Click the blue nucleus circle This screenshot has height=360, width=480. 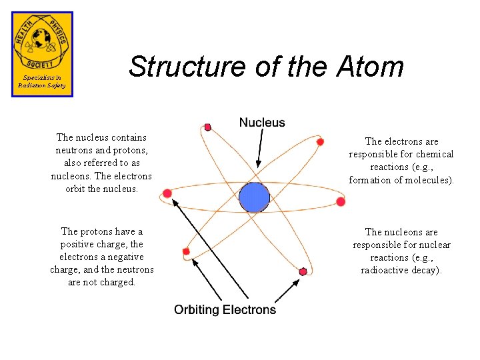coord(254,197)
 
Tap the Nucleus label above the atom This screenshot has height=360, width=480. coord(262,123)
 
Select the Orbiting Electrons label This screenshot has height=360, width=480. coord(225,310)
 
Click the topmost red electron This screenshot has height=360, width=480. coord(208,127)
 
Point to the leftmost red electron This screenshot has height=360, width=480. coord(167,193)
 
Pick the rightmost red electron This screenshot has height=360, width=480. coord(341,201)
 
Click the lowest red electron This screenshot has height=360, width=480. coord(303,271)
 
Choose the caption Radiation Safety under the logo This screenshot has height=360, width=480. coord(42,85)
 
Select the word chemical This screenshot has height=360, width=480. coord(435,154)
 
